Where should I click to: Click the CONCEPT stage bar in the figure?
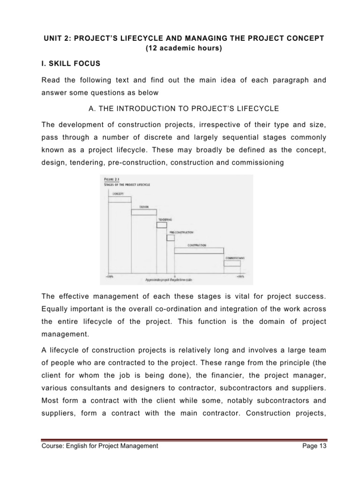click(x=120, y=199)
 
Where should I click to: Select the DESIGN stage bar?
click(x=143, y=212)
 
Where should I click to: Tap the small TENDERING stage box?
click(x=162, y=225)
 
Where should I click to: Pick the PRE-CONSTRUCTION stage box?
click(x=171, y=238)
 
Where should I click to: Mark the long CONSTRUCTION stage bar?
click(x=199, y=250)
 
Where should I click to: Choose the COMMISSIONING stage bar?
click(x=232, y=263)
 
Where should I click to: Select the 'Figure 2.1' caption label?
click(x=111, y=180)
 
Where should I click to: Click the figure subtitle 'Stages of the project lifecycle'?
click(x=124, y=184)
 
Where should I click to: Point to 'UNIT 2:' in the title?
click(x=52, y=37)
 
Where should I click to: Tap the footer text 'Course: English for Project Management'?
click(x=100, y=446)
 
